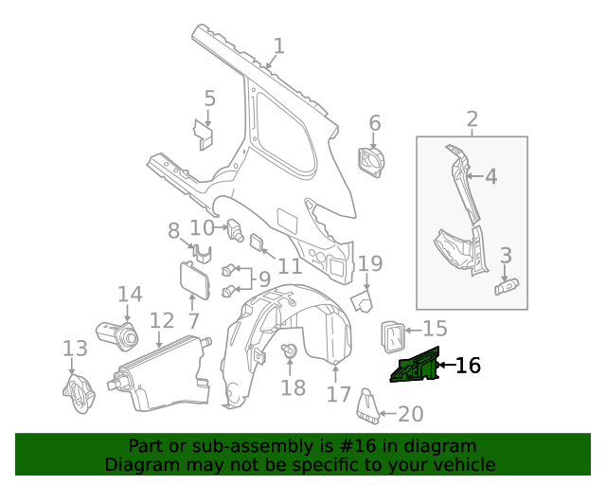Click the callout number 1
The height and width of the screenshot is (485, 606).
(x=278, y=45)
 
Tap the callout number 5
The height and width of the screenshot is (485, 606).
(x=210, y=98)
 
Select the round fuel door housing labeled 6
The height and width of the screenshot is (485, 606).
(x=372, y=160)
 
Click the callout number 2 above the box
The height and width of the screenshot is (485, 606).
(x=472, y=119)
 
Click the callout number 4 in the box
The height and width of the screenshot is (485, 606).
(x=490, y=176)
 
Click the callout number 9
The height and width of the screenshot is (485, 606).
(x=264, y=279)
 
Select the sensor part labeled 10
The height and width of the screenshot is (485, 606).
(x=236, y=228)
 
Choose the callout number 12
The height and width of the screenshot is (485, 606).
(x=162, y=321)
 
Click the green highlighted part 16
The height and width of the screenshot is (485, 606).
(x=417, y=367)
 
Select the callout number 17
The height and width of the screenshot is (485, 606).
(x=338, y=393)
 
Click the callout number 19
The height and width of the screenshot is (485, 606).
(x=370, y=263)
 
